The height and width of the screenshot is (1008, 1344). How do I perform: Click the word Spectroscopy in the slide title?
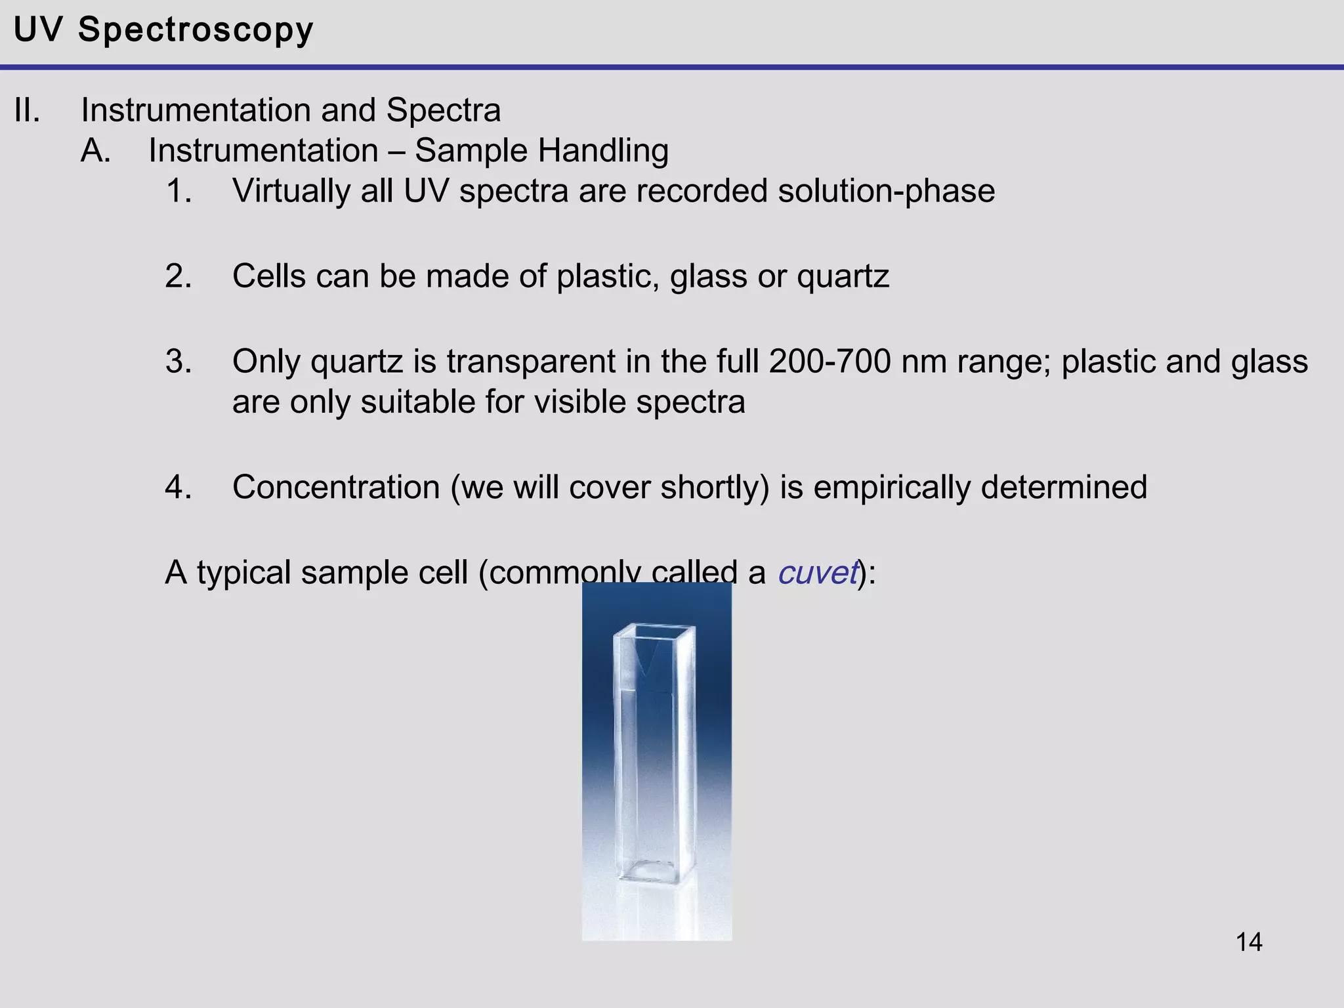[x=196, y=30]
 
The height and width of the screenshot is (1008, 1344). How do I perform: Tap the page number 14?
[x=1249, y=942]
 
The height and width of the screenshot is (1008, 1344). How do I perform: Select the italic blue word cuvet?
[x=818, y=573]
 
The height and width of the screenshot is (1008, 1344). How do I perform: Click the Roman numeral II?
[x=27, y=110]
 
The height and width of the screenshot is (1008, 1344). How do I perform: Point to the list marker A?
[x=96, y=151]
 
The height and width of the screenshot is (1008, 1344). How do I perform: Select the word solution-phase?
[x=886, y=192]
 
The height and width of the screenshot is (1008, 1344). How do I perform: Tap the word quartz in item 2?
[x=843, y=276]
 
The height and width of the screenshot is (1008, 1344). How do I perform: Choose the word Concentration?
[x=336, y=488]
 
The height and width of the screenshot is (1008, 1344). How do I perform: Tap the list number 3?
[x=178, y=362]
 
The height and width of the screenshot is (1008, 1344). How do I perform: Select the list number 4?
[x=178, y=488]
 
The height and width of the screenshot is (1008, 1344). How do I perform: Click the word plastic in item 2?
[x=607, y=276]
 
